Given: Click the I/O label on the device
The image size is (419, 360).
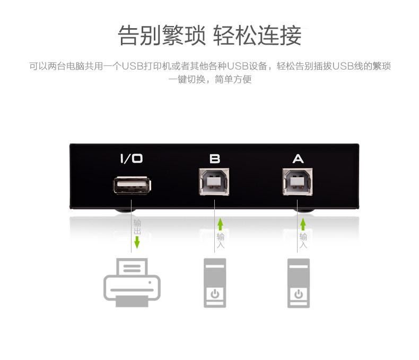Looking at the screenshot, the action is coord(131,158).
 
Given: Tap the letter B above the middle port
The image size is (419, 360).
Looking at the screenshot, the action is coord(215,158).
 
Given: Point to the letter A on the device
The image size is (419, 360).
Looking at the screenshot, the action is coord(298,158).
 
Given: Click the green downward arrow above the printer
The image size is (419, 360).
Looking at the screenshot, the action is coord(137,243).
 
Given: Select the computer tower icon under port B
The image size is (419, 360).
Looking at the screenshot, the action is coord(215,282).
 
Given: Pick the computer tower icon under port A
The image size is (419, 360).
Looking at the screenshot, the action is coord(299,282).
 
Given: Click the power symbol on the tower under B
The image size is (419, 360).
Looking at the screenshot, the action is coord(215,294).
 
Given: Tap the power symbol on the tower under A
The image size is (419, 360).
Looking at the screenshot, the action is coord(299,294).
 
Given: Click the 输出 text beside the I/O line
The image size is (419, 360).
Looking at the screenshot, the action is coord(137,227).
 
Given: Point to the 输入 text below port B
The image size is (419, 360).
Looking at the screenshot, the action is coord(221,241).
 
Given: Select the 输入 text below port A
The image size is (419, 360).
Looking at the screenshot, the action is coord(303,241).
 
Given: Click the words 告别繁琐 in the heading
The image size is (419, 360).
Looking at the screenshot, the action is coord(161,36).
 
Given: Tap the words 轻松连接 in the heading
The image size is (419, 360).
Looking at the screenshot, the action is coord(257,36).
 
